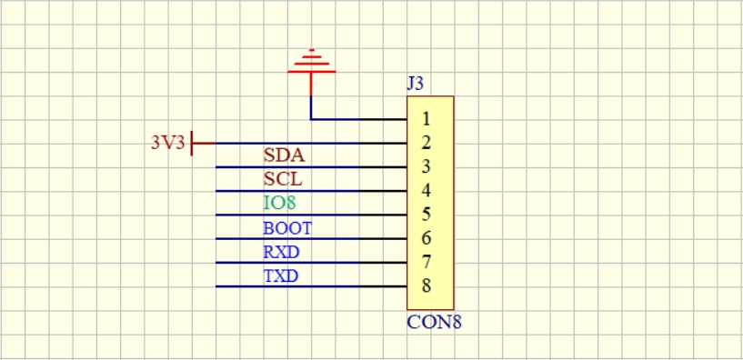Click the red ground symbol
coord(311,71)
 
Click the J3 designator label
coord(415,84)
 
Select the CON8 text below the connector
coord(434,323)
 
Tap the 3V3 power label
coord(167,143)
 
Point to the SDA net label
coord(284,155)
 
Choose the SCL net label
coord(283,179)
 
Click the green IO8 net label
coord(279,204)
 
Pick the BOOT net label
coord(287,228)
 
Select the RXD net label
coord(282,252)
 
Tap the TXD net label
coord(281,275)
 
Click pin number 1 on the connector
coord(426,119)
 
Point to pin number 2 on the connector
coord(426,143)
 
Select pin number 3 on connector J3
coord(426,166)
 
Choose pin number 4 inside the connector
coord(426,190)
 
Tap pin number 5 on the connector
coord(426,215)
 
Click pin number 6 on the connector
coord(426,238)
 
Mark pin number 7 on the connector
coord(426,262)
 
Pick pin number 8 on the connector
coord(426,285)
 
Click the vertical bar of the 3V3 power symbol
coord(192,143)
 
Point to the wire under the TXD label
coord(311,286)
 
